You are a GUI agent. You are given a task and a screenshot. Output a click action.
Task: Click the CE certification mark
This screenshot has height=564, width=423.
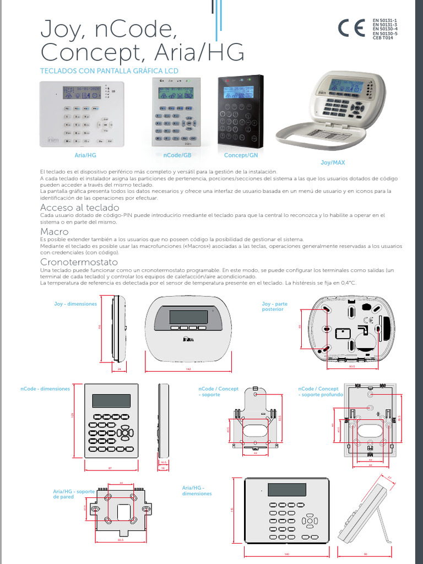pos(351,29)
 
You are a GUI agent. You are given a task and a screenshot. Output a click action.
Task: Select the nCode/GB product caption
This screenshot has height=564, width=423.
pos(176,156)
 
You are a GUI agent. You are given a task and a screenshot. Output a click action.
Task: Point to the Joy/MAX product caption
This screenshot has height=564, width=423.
pos(333,163)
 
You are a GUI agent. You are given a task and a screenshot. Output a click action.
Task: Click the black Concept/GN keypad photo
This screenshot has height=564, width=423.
pos(240,112)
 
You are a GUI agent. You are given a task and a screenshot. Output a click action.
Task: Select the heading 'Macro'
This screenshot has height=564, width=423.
pos(55,232)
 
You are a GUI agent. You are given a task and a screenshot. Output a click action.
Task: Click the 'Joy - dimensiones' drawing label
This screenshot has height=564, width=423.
pos(75,303)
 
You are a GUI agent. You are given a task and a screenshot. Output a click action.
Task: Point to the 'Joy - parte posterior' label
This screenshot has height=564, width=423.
pos(274,306)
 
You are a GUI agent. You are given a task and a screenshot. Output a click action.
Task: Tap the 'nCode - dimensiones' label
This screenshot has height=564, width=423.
pos(45,389)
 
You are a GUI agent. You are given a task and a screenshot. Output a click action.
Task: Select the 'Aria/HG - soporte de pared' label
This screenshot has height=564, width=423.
pos(73,493)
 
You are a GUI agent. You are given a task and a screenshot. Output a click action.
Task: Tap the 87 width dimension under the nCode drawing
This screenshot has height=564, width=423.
pos(110,468)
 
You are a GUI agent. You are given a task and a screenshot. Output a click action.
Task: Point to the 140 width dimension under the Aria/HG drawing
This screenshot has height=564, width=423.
pos(286,554)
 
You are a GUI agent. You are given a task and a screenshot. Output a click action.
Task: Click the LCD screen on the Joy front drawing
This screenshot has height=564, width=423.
pos(188,317)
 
